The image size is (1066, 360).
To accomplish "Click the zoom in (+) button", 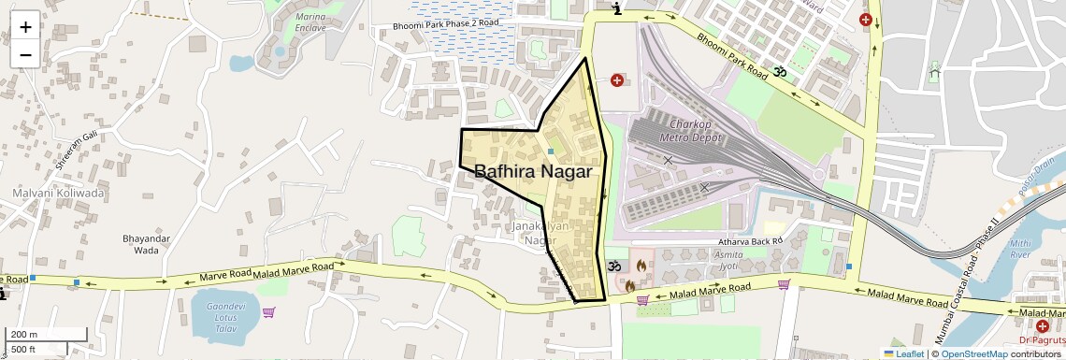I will [25, 27].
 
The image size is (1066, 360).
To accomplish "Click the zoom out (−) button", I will [25, 55].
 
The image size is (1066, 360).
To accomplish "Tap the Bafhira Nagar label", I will [533, 172].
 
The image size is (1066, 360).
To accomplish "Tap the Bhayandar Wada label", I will [146, 244].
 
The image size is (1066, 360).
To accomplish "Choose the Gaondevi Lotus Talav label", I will [225, 317].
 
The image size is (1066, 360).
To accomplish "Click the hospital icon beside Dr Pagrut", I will [1042, 325].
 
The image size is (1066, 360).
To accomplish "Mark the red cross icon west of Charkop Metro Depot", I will [617, 80].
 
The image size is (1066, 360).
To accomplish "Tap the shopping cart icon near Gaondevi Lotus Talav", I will [269, 312].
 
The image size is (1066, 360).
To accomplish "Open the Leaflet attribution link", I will [903, 353].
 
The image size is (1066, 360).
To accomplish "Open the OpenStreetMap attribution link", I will [973, 353].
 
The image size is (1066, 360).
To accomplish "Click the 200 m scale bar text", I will [25, 335].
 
